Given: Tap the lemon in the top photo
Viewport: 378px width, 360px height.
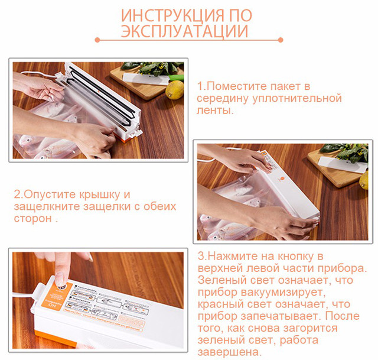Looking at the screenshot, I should (175, 89).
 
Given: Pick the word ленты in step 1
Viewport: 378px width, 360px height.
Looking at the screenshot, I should (215, 111).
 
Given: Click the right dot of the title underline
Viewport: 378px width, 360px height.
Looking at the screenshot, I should (282, 41).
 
